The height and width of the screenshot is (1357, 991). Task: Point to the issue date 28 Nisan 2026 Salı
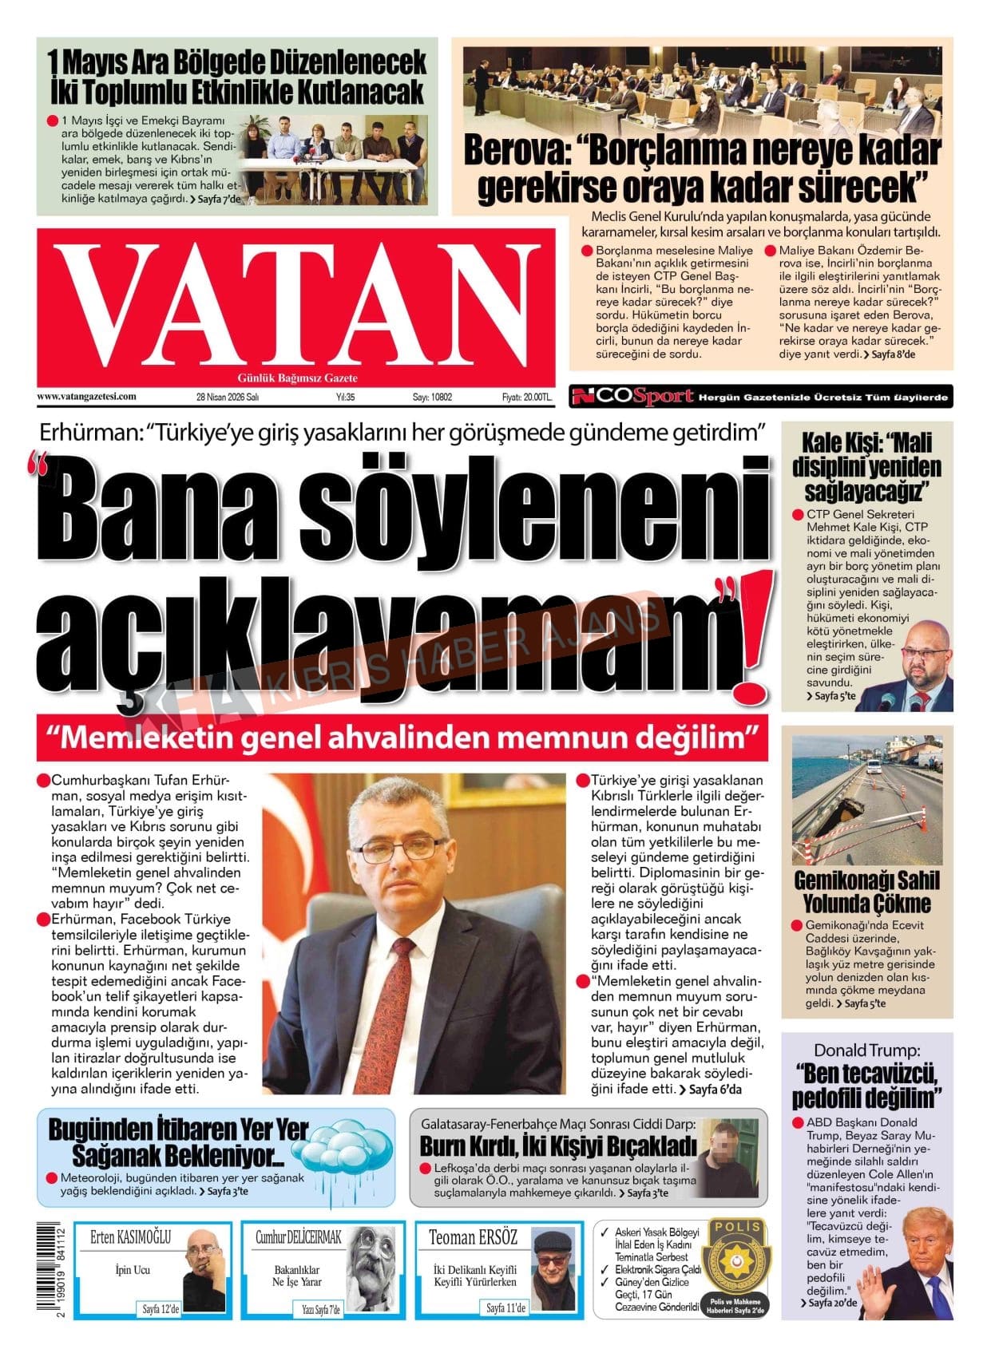(x=228, y=397)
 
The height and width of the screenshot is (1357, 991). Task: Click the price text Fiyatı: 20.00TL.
(x=526, y=397)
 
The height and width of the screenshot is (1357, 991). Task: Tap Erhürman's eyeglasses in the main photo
(x=399, y=849)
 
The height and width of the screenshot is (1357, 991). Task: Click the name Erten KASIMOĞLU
(x=131, y=1238)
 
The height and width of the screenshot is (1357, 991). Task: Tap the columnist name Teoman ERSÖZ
(x=473, y=1238)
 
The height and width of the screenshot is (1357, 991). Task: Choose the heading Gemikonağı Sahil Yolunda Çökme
(x=866, y=892)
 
